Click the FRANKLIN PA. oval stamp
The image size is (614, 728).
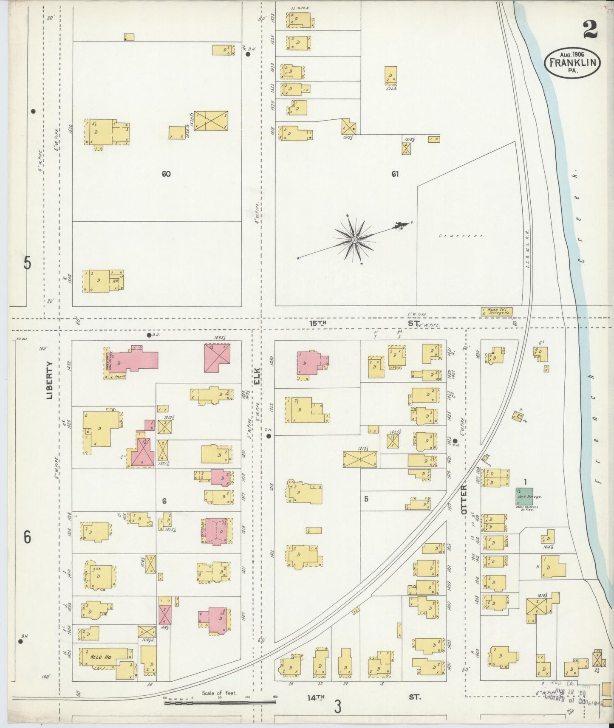(572, 62)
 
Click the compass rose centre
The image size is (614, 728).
(354, 240)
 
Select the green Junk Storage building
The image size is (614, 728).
(525, 495)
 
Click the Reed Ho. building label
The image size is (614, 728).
(101, 669)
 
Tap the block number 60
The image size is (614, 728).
(166, 174)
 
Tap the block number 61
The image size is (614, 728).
(395, 174)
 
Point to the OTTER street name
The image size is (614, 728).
(464, 500)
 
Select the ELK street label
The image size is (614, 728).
(257, 376)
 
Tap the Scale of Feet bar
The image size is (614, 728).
(220, 703)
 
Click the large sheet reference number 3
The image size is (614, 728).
(338, 707)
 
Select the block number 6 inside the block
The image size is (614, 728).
(164, 501)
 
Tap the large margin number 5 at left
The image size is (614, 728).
(27, 264)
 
